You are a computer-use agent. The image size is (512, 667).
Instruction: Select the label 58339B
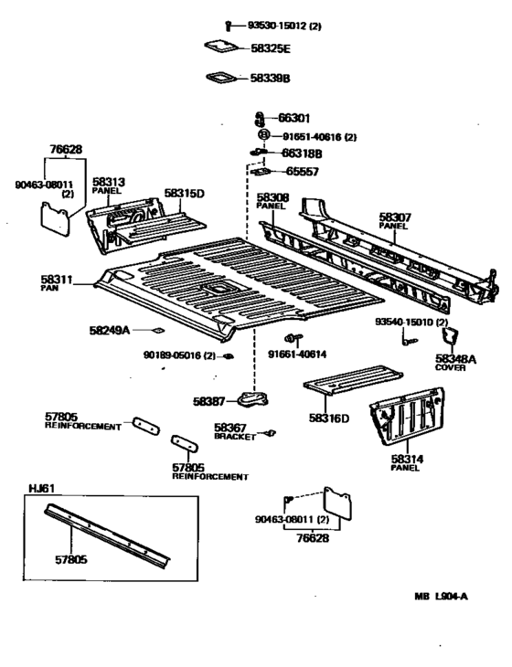pos(270,79)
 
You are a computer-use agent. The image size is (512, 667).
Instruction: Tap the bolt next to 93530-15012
pos(227,26)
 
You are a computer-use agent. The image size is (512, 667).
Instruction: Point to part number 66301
pos(294,118)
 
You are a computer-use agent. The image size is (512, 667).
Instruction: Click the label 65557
pos(304,170)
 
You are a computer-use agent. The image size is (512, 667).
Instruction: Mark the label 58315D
pos(184,193)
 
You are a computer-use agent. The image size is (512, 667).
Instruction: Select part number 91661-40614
pos(298,353)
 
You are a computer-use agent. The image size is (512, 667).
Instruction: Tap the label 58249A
pos(109,330)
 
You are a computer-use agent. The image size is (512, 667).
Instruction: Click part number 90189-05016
pos(178,355)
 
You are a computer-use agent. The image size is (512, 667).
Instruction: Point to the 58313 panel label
pos(108,182)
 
